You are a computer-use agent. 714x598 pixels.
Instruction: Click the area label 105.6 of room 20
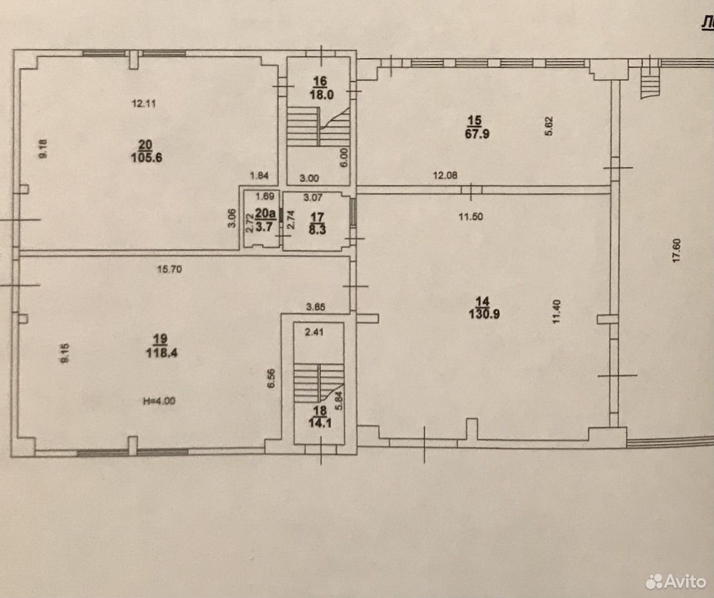pos(147,158)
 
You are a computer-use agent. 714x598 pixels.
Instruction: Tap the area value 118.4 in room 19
pos(161,353)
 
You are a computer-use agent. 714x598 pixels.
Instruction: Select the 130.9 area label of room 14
pos(484,314)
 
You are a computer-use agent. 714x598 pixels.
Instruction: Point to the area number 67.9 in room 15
pos(477,134)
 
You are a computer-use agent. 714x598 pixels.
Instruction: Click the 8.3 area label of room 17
pos(317,230)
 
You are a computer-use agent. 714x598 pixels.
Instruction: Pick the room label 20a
pos(265,213)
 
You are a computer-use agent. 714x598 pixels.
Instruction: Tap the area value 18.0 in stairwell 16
pos(322,95)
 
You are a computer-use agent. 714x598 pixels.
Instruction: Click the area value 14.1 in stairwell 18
pos(320,423)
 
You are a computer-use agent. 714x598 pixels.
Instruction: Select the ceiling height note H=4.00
pos(159,401)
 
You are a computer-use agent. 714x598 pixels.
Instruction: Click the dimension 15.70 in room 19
pos(169,270)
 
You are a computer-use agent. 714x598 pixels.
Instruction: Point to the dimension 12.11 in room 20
pos(144,104)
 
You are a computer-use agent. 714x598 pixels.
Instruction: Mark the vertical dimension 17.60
pos(676,251)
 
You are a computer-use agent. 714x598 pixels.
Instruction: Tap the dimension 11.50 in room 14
pos(471,217)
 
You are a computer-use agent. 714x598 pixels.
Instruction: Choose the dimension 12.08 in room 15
pos(445,175)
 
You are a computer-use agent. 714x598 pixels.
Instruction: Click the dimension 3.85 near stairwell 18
pos(315,307)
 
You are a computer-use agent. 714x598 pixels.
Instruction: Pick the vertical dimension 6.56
pos(272,378)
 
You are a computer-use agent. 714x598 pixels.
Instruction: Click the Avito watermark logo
pos(676,581)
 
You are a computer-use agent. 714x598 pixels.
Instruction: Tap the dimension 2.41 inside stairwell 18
pos(314,332)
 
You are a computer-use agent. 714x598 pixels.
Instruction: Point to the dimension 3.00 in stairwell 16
pos(309,178)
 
